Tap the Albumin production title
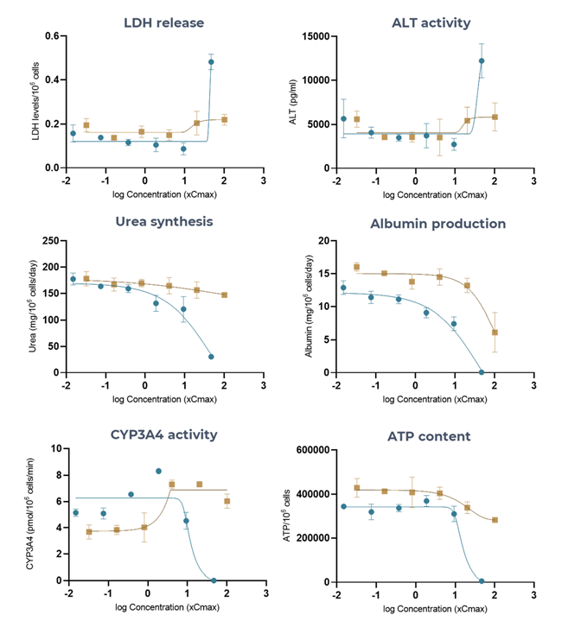[x=437, y=224]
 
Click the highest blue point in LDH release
[x=211, y=62]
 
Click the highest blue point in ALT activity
[x=482, y=61]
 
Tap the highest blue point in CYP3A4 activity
[x=158, y=471]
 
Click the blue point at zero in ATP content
[x=482, y=580]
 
